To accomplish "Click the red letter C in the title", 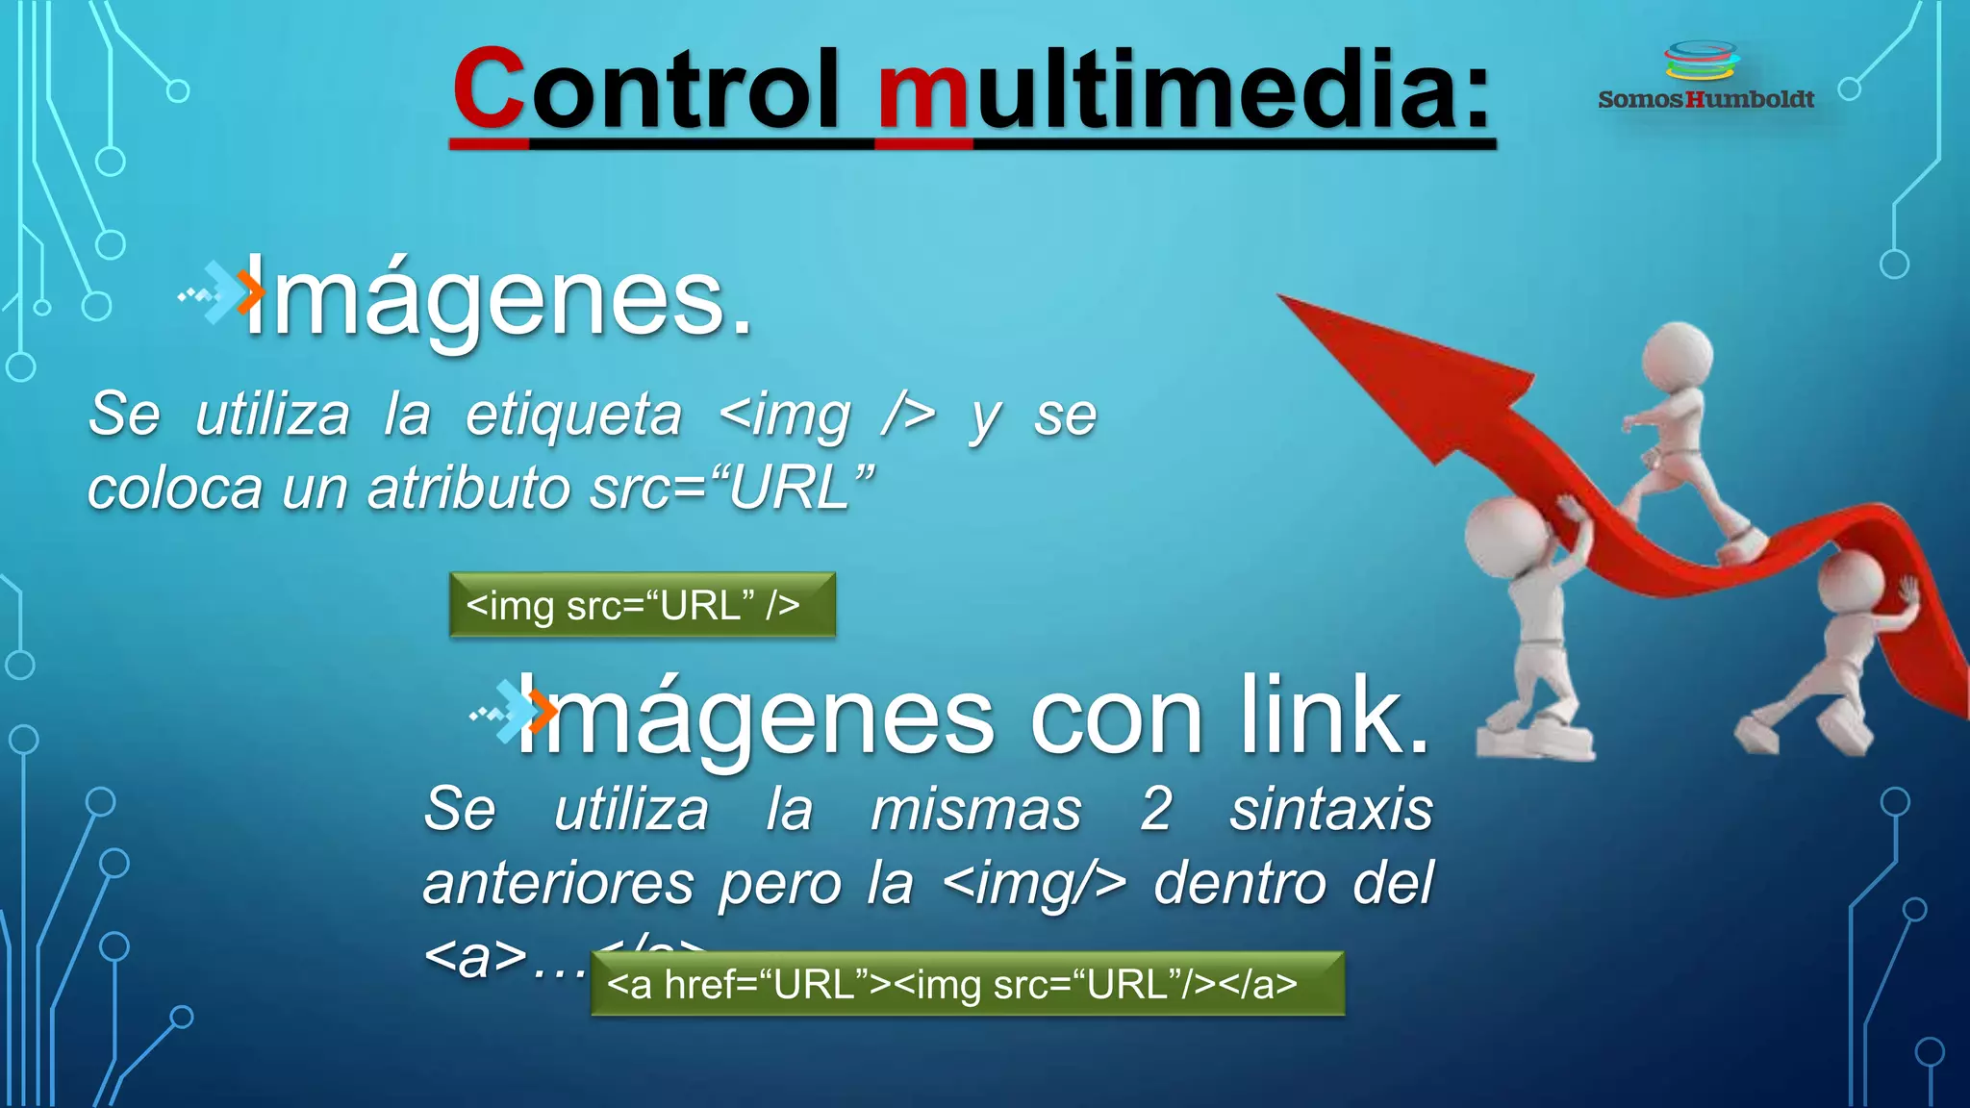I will tap(489, 88).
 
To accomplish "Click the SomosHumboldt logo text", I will tap(1705, 99).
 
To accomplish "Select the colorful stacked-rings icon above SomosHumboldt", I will tap(1702, 61).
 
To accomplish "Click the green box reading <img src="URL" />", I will tap(642, 605).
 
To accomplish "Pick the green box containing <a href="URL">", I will tap(967, 984).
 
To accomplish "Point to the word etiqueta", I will tap(573, 415).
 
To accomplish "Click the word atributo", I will tap(469, 489).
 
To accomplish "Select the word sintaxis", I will tap(1331, 810).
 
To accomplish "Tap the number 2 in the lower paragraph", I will tap(1155, 810).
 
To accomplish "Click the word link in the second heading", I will tap(1332, 718).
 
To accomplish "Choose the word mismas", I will tap(975, 810).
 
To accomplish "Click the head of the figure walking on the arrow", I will tap(1677, 356).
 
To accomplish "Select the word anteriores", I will tap(558, 884).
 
